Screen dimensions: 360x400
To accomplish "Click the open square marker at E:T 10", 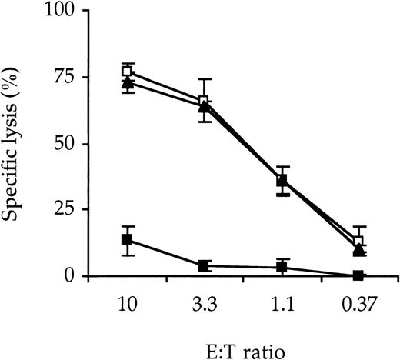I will (x=128, y=72).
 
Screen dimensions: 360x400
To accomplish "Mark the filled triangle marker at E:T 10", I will (x=128, y=82).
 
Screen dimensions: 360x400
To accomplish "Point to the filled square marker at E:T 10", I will (x=128, y=240).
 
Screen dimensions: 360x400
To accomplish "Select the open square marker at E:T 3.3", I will (x=205, y=101).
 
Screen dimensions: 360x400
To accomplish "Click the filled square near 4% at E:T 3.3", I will (x=205, y=265).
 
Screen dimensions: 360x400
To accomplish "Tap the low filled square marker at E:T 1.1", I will (x=282, y=267).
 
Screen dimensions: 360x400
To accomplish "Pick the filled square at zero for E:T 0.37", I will (x=358, y=275).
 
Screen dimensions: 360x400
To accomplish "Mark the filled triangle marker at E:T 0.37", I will (x=358, y=250).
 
